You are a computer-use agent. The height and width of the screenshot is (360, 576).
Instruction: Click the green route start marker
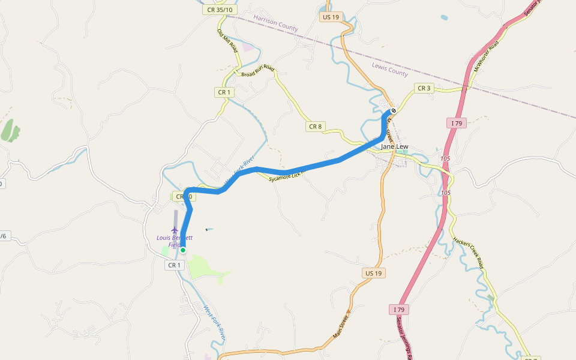coord(183,250)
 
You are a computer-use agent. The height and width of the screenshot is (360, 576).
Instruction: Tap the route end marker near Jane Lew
coord(394,111)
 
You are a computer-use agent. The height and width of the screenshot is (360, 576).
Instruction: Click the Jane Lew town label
coord(395,146)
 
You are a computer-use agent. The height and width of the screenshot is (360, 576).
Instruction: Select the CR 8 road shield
coord(315,127)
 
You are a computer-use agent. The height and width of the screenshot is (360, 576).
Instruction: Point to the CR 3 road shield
coord(424,88)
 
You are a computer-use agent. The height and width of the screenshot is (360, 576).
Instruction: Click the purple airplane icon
coord(175,229)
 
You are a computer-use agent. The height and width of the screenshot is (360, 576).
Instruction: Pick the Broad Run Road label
coord(257,71)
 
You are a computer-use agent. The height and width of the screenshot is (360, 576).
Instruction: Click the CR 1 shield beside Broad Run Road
coord(224,92)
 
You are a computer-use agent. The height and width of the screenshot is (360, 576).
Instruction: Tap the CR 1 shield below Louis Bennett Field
coord(174,265)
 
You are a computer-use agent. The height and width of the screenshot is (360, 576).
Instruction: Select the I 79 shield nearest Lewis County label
coord(457,123)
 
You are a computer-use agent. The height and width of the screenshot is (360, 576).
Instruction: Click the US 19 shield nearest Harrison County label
coord(330,17)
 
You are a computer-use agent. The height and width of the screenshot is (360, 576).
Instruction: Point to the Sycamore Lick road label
coord(287,176)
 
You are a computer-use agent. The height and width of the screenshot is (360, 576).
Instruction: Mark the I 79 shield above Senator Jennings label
coord(399,309)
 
